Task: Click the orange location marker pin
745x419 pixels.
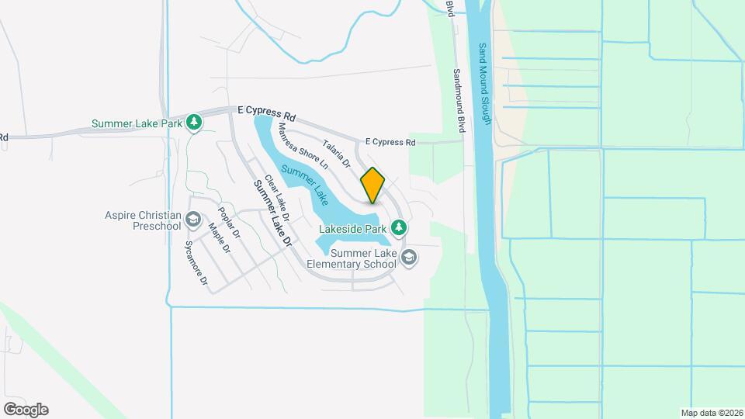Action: click(372, 185)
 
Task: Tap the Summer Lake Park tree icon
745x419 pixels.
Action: click(194, 123)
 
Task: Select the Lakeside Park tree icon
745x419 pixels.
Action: click(399, 228)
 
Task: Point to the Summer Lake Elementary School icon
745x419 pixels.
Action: click(409, 259)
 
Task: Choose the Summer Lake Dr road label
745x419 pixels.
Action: click(272, 213)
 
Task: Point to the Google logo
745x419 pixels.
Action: click(26, 409)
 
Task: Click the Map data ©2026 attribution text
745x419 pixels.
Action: click(711, 413)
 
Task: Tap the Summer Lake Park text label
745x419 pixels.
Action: click(137, 123)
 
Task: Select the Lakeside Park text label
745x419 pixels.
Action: click(353, 230)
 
